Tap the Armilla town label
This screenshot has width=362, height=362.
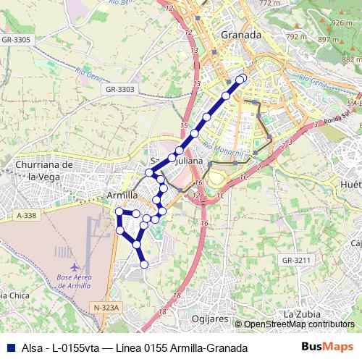click(122, 196)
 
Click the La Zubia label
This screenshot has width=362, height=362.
click(298, 314)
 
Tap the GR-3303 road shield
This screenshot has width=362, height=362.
click(119, 89)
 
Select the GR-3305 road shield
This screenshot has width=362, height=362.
click(16, 40)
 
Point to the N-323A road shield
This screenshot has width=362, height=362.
click(106, 308)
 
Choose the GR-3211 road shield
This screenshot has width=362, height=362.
click(296, 260)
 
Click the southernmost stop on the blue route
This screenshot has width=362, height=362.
click(144, 264)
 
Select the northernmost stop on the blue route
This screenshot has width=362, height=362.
click(242, 78)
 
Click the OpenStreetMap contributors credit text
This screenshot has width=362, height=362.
click(298, 324)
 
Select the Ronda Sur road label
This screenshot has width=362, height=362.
click(335, 119)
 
